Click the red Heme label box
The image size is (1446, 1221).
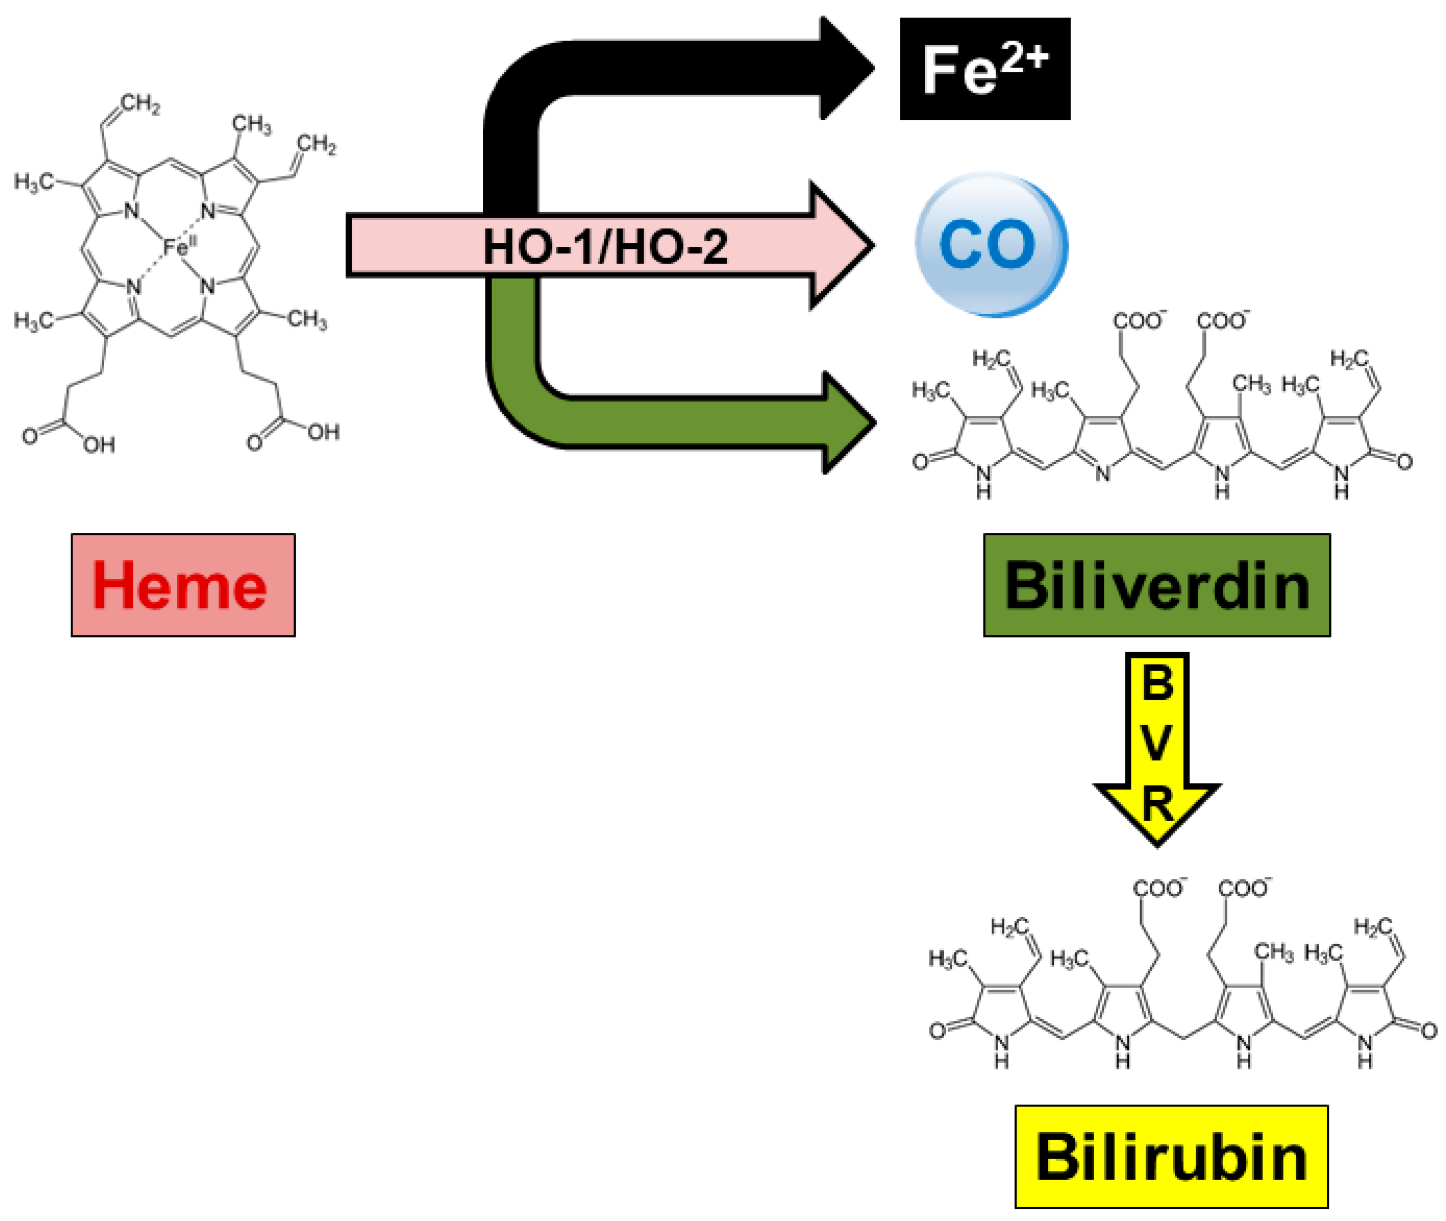click(x=183, y=585)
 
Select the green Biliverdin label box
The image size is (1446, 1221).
click(x=1156, y=585)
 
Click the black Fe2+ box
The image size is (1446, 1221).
click(x=984, y=69)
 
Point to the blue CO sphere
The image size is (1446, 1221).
click(x=991, y=245)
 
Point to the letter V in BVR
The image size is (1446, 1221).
click(x=1157, y=745)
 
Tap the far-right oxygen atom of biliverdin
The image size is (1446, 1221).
click(x=1404, y=462)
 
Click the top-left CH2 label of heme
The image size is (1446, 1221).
click(x=140, y=105)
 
